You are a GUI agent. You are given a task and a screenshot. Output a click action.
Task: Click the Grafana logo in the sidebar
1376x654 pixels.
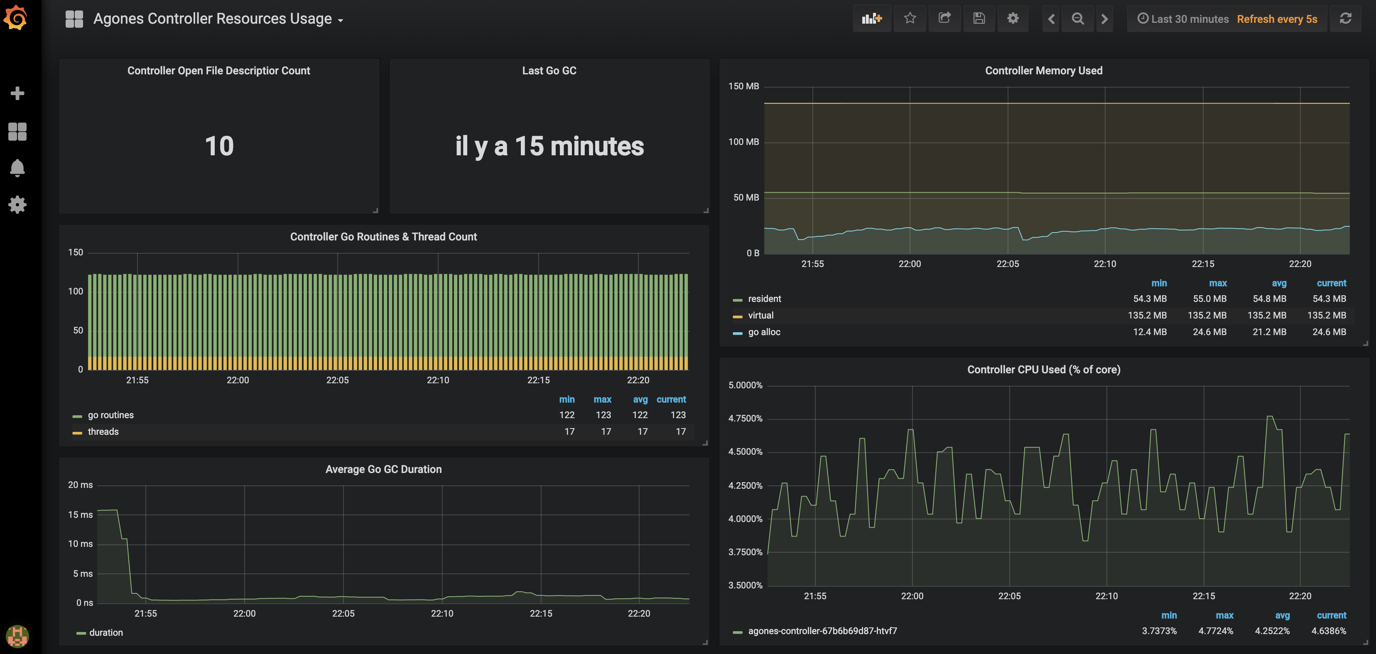click(x=16, y=18)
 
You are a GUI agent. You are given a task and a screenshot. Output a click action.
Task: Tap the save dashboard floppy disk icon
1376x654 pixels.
click(x=979, y=19)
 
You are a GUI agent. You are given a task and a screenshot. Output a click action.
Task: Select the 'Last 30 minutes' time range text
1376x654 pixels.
click(x=1189, y=19)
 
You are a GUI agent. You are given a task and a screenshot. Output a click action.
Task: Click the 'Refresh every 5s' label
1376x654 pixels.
click(x=1277, y=19)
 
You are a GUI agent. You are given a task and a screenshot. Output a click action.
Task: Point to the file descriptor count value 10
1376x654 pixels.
click(x=219, y=146)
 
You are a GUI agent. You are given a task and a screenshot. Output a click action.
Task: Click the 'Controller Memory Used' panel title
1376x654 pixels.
click(x=1043, y=71)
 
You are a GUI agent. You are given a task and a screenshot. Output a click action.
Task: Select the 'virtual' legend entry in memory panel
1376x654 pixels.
click(x=760, y=316)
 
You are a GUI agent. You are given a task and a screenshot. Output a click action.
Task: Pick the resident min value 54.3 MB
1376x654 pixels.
click(x=1150, y=299)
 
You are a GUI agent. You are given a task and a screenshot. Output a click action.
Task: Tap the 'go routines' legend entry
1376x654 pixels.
click(x=110, y=415)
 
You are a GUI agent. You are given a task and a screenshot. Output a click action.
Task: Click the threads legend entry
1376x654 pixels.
click(x=103, y=432)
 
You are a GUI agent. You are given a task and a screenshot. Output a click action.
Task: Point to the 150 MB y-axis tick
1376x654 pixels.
click(x=743, y=86)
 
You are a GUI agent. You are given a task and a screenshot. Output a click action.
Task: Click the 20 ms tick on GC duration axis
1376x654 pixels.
click(x=80, y=485)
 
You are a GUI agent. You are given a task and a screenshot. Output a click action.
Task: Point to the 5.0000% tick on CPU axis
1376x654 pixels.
click(x=745, y=385)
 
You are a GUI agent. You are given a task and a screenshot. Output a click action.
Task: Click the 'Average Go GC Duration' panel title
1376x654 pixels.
click(x=383, y=469)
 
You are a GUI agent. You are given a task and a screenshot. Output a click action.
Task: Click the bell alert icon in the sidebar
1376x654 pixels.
click(x=17, y=168)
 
